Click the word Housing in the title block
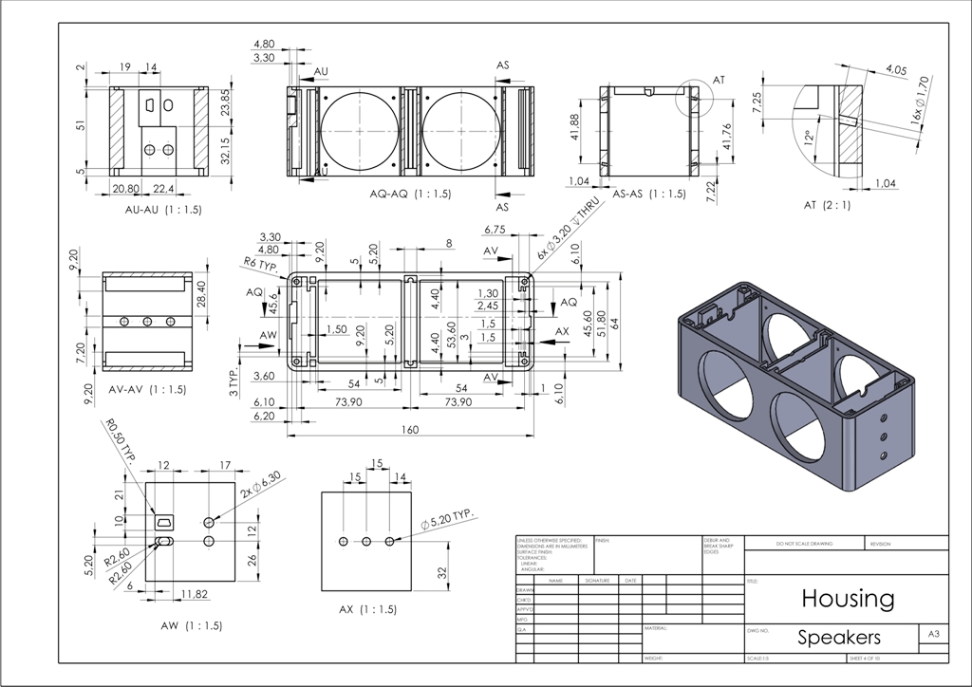click(x=848, y=599)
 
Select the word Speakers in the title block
click(x=839, y=637)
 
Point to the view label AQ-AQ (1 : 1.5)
click(x=410, y=194)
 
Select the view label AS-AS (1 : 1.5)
click(x=649, y=194)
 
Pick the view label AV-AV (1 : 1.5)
click(x=147, y=389)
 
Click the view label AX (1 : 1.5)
click(x=365, y=608)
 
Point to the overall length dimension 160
click(x=409, y=430)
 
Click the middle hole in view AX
click(x=365, y=541)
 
